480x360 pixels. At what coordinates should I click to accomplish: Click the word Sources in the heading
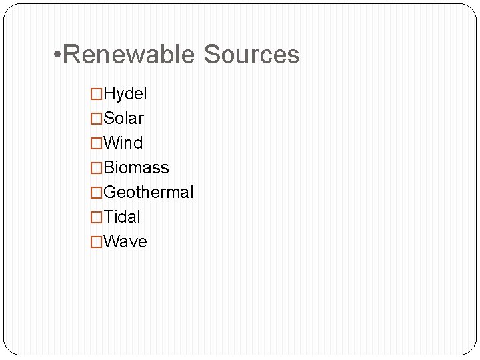point(251,55)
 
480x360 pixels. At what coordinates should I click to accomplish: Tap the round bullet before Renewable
point(57,55)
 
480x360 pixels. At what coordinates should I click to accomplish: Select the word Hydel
point(125,94)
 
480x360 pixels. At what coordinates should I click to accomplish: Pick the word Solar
point(124,119)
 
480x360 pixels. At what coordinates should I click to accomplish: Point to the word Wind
point(123,143)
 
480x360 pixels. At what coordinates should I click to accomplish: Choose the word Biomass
point(137,168)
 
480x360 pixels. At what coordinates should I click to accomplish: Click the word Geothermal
point(149,193)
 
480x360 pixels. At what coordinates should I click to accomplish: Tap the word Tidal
point(123,217)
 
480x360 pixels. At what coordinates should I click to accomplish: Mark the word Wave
point(126,242)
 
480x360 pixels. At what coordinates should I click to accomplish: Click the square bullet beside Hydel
point(97,95)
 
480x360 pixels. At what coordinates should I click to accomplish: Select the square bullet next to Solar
point(97,119)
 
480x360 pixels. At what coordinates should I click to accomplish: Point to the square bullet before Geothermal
point(97,193)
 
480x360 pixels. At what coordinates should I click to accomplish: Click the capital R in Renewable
point(71,55)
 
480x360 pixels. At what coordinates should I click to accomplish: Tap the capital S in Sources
point(213,55)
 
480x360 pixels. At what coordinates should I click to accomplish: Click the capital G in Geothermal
point(111,193)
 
